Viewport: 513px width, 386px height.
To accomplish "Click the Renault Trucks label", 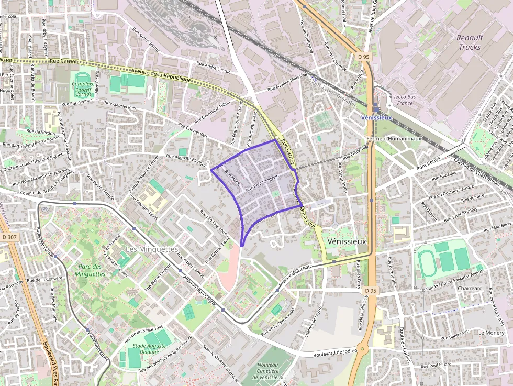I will [x=470, y=42].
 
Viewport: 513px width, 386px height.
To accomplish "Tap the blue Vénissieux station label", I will [x=377, y=117].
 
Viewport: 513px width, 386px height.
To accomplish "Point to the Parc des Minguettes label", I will [x=90, y=270].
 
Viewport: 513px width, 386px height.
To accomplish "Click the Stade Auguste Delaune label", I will [x=146, y=349].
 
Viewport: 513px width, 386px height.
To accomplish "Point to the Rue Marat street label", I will [x=232, y=178].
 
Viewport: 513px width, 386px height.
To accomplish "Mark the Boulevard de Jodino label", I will [x=335, y=352].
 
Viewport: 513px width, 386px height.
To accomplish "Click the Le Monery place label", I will [x=491, y=333].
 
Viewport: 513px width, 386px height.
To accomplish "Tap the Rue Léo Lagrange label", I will [x=214, y=222].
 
